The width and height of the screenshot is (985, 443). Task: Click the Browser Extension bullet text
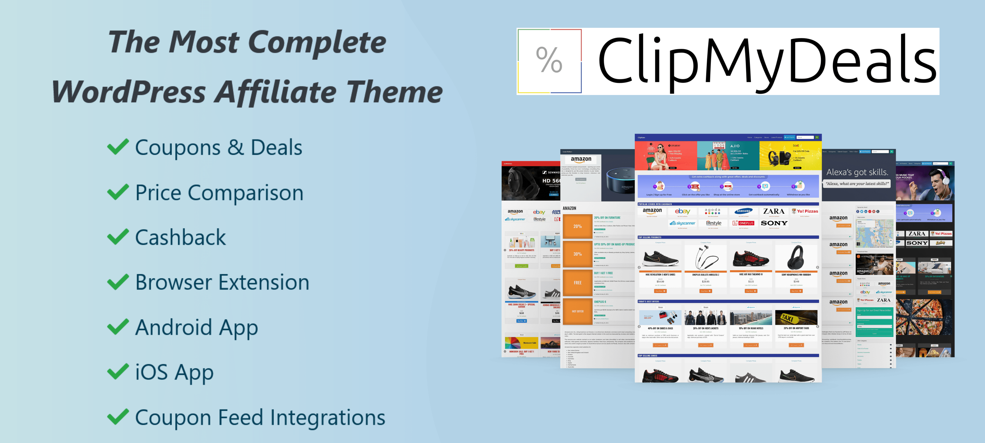[222, 282]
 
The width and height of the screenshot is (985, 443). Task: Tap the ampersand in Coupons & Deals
[236, 147]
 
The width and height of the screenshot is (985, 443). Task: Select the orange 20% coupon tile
[577, 226]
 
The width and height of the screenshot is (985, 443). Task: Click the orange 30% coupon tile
[577, 254]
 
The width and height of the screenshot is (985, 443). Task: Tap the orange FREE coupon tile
[577, 283]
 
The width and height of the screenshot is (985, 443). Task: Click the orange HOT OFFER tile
[577, 311]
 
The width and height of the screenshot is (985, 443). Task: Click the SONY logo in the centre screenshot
[774, 223]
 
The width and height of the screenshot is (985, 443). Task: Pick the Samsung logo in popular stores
[743, 211]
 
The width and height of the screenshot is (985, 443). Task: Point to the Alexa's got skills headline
[857, 172]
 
